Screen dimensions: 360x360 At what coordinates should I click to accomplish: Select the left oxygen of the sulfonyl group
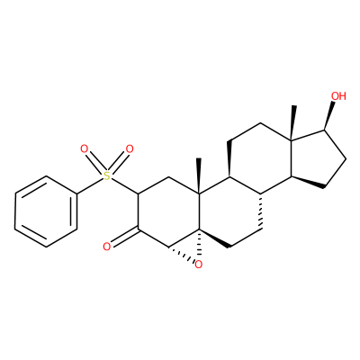point(85,148)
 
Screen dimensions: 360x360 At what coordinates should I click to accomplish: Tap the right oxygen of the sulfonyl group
point(130,148)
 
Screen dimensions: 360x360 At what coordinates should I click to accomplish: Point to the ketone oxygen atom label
point(107,247)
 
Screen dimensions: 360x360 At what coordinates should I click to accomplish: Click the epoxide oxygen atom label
point(198,265)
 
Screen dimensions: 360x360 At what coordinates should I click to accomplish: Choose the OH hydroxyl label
point(338,96)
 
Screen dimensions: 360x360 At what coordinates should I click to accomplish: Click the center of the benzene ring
point(46,211)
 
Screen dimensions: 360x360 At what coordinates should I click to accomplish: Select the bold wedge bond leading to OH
point(329,116)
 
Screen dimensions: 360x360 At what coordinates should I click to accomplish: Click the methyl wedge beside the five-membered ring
point(292,122)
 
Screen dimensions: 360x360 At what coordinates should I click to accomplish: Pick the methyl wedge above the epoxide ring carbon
point(198,176)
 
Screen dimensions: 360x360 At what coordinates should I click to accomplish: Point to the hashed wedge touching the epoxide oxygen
point(181,254)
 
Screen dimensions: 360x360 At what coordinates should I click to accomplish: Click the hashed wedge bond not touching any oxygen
point(261,211)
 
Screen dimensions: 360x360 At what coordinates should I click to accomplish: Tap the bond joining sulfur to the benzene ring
point(90,185)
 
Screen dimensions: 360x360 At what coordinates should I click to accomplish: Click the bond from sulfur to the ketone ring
point(124,186)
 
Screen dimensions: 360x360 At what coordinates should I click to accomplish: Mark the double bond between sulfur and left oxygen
point(95,162)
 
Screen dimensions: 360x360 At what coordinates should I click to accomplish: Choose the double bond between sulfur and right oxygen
point(118,162)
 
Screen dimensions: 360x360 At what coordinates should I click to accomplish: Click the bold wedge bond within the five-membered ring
point(307,183)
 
